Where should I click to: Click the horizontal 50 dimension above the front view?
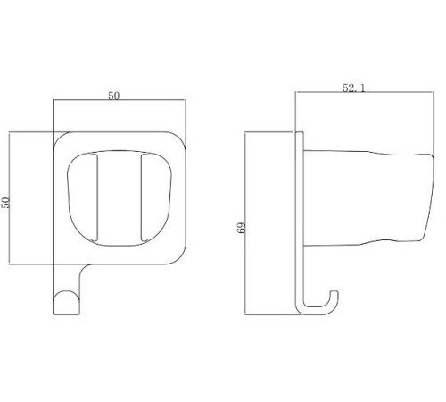click(114, 96)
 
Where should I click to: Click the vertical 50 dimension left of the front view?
click(6, 203)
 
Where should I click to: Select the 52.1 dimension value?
click(353, 88)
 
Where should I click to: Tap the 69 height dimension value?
click(242, 228)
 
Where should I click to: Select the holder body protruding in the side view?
click(368, 197)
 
